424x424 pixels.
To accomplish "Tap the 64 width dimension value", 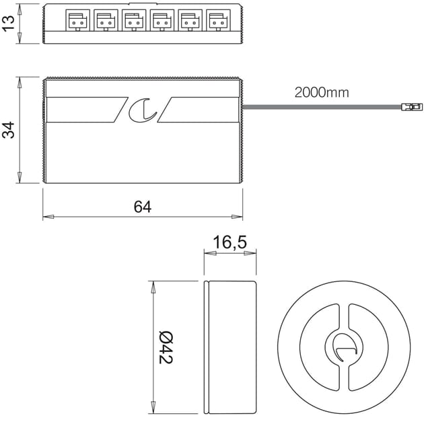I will tap(142, 207).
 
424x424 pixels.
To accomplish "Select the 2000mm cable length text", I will tap(321, 93).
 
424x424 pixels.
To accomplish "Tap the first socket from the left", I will tap(76, 22).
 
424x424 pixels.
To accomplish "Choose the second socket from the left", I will tap(104, 22).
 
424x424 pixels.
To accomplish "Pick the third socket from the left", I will tap(133, 22).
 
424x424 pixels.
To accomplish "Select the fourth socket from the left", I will tap(161, 22).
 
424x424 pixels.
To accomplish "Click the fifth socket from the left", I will tap(189, 22).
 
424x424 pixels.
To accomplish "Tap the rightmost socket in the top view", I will tap(217, 22).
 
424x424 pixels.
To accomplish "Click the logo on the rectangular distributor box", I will tap(143, 110).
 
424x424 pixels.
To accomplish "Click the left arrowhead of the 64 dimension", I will tap(47, 217).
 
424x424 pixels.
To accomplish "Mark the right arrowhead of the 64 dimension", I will tap(238, 217).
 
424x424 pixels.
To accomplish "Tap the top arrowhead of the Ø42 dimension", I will tap(153, 285).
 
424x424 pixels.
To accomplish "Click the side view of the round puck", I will tap(229, 347).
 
